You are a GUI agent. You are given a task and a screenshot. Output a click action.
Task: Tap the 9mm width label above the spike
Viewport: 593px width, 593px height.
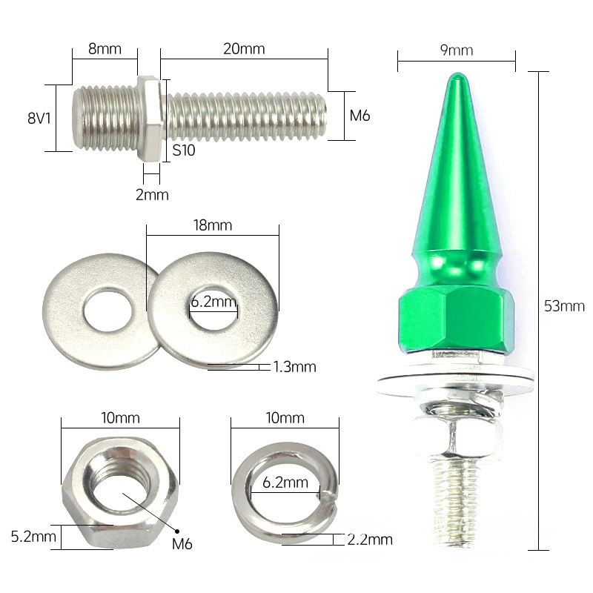pos(456,50)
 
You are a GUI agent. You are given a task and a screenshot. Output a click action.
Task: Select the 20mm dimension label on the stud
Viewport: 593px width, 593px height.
pos(244,49)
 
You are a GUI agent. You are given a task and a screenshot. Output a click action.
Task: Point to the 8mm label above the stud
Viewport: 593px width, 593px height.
pos(105,49)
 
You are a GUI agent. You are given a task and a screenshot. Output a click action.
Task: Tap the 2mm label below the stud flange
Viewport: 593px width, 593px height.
pos(152,195)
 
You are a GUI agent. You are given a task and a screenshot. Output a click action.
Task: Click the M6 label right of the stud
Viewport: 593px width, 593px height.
pos(360,116)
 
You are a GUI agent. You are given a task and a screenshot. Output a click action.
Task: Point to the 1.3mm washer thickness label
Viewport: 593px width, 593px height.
pos(294,366)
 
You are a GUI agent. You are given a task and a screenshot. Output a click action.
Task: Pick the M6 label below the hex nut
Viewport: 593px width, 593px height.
pos(182,544)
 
